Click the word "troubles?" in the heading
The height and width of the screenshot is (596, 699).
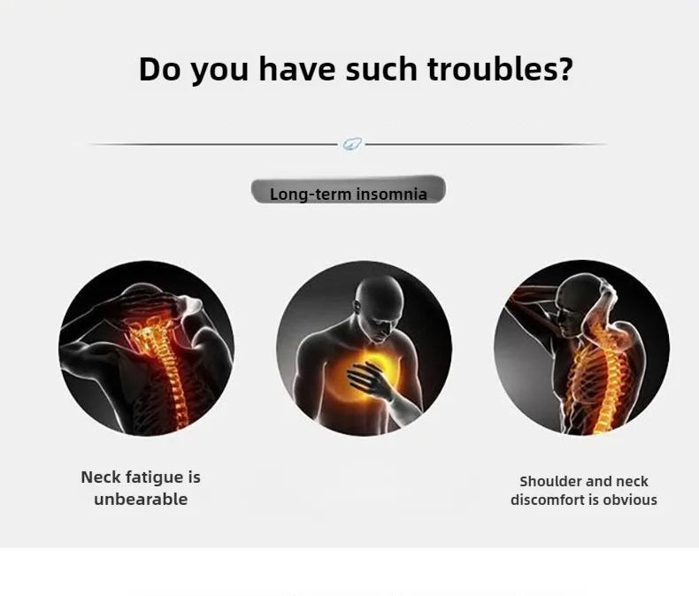(500, 69)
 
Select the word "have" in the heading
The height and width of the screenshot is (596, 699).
(297, 69)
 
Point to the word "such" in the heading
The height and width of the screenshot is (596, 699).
(381, 69)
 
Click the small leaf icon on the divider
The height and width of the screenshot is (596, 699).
(353, 144)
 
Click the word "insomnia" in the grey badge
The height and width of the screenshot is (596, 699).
(391, 195)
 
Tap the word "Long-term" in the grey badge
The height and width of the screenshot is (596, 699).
(311, 195)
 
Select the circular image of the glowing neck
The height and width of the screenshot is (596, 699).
(146, 348)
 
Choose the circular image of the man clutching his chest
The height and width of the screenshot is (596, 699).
(364, 348)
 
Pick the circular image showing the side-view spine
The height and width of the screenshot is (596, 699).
(581, 348)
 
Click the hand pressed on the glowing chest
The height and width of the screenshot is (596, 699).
(370, 379)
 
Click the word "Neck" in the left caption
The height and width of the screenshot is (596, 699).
(101, 478)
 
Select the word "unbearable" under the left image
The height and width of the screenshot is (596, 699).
(141, 499)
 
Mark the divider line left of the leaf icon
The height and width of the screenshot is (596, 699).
(213, 144)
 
